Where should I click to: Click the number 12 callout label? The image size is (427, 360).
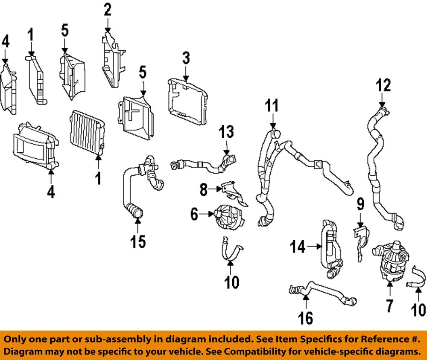[383, 86]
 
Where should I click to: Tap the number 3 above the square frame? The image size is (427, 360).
[186, 59]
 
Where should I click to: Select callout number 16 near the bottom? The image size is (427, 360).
[306, 317]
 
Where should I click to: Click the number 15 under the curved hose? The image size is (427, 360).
[138, 241]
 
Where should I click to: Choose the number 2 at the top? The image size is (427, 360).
[108, 9]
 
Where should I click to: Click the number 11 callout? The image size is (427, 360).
[272, 105]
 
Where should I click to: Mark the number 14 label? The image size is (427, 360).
[299, 247]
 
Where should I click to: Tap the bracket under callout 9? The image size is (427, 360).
[361, 243]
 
